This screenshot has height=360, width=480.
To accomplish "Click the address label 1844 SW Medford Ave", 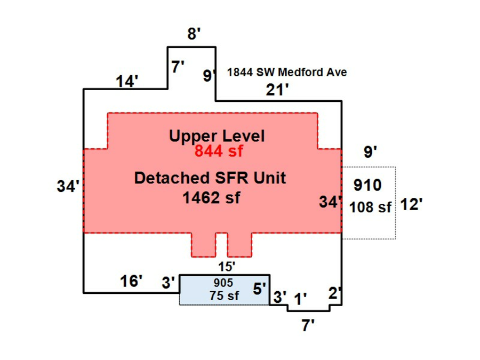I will click(287, 72).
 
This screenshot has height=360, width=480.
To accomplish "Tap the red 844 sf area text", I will click(218, 151).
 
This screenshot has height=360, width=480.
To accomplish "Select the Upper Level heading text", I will click(217, 136).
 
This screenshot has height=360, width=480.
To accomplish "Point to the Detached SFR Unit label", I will click(210, 178).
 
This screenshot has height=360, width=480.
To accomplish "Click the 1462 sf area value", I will click(211, 198).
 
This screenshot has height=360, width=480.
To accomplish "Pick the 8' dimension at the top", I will click(194, 35).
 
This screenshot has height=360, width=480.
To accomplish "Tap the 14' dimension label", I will click(127, 81).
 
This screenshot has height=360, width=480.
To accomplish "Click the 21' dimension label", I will click(277, 90).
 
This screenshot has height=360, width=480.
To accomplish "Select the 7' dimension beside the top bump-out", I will click(178, 67).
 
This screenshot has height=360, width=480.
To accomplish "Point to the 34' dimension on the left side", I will click(68, 187).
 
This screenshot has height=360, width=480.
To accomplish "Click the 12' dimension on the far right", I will click(411, 205).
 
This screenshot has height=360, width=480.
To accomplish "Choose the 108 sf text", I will click(371, 207).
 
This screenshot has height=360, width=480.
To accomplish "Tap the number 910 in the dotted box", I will click(367, 186).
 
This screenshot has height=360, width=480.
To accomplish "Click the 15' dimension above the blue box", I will click(227, 265).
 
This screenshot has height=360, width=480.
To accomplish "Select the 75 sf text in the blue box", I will click(224, 297).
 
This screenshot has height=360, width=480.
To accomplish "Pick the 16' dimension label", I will click(131, 281).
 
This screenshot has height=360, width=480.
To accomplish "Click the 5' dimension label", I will click(259, 289).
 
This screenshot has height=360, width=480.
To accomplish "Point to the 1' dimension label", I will click(301, 299).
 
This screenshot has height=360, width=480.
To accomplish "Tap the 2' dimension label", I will click(335, 293).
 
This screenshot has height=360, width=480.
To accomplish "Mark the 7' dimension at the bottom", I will click(308, 325).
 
